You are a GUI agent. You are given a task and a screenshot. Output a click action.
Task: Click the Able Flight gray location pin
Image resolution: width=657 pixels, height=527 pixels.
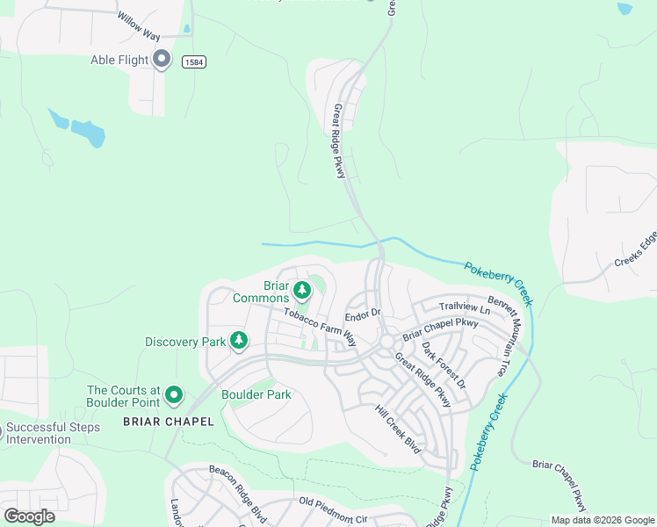(162, 60)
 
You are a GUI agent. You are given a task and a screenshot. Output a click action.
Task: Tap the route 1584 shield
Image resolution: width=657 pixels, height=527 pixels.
(194, 61)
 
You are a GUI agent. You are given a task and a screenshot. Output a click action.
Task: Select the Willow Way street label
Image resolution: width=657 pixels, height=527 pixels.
(138, 28)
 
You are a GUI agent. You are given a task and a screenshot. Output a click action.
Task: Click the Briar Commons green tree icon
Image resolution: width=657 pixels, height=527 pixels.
(302, 289)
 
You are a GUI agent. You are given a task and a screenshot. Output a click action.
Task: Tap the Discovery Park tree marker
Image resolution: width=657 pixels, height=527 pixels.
(238, 341)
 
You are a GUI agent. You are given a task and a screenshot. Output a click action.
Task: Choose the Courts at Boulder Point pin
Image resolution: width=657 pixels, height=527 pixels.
(174, 396)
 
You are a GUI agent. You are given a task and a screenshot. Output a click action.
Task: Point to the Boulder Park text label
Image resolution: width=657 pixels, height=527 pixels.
(256, 395)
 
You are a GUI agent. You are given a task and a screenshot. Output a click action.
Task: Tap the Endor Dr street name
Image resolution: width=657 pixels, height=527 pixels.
(362, 314)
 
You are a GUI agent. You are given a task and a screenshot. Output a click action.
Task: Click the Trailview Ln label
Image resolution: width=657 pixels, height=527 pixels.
(465, 307)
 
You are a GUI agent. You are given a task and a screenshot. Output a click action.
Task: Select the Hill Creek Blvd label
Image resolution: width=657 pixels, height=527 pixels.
(399, 430)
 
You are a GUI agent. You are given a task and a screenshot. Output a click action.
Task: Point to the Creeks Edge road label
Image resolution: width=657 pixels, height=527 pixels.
(635, 249)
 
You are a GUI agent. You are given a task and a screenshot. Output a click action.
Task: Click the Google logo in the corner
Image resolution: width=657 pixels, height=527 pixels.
(29, 516)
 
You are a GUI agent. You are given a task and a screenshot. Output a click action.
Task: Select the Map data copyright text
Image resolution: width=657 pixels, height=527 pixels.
(603, 520)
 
